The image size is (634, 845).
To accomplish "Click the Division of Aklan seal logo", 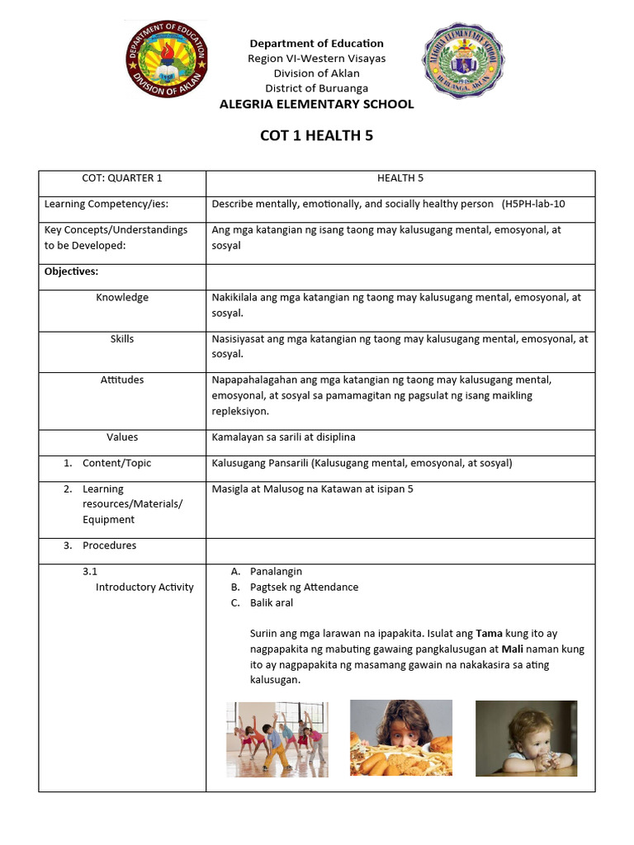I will coord(167,62).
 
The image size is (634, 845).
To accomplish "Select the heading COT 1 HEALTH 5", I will coord(316,135).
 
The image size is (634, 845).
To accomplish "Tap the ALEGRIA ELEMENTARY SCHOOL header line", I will coord(316,104).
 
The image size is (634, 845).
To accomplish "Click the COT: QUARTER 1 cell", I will coord(122,178).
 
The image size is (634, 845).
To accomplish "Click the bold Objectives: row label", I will coord(71,271).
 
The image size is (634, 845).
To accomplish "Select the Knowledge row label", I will coord(122,297).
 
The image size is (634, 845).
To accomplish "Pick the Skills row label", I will coord(122,338).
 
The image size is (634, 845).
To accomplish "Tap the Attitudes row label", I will coord(122,380).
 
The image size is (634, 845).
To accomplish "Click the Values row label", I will coord(122,437).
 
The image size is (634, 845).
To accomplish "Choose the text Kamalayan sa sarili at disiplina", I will coord(283,437).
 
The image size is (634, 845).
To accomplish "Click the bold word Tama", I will coord(489,634).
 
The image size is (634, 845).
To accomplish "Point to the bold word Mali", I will coord(515,649).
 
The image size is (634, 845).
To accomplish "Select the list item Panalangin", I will coord(276,571).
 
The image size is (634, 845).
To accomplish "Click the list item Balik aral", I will coord(272,602).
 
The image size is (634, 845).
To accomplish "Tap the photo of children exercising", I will coord(277,739).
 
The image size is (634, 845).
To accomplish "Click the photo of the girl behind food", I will coord(401,738).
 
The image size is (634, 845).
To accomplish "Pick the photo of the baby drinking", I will coord(526,738).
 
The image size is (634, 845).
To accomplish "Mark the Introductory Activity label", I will coord(144,587).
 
